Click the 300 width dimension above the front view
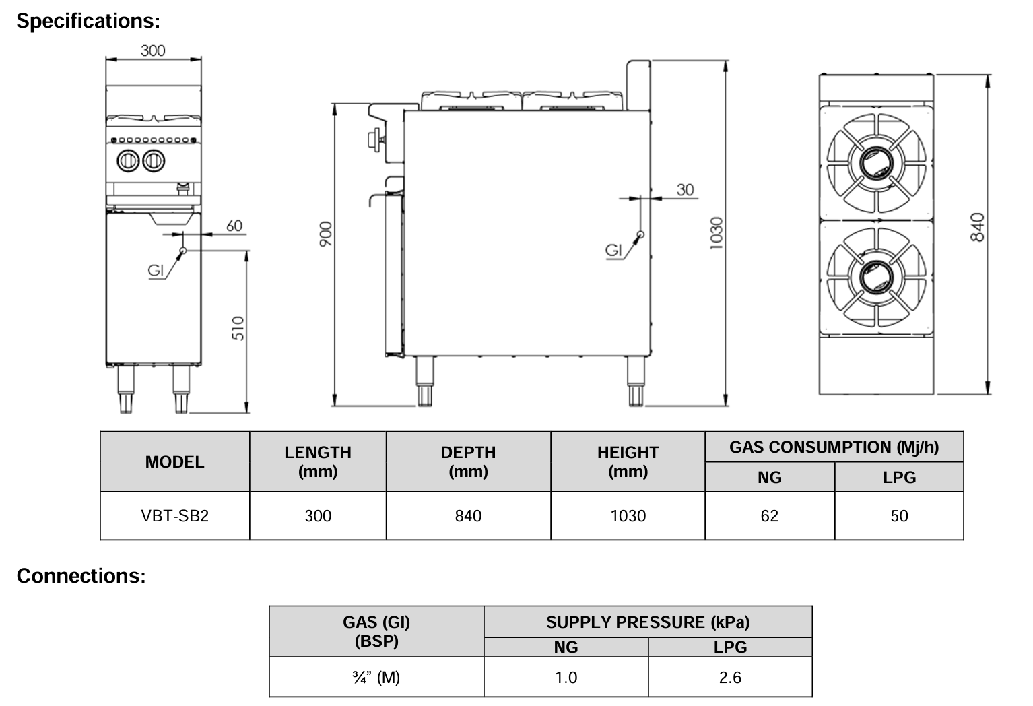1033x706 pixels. coord(153,51)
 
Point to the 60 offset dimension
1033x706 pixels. coord(234,226)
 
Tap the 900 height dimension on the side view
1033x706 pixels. coord(325,232)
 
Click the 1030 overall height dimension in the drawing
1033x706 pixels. coord(717,232)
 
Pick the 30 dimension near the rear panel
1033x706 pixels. coord(685,190)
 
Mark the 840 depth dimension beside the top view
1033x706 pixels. coord(978,227)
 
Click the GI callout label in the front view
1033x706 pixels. coord(156,271)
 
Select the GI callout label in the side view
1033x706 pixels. coord(613,251)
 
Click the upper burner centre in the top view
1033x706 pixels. coord(877,162)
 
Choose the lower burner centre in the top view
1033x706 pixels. coord(877,276)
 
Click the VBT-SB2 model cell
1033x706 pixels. coord(174,516)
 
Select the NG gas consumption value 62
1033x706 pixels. coord(769,516)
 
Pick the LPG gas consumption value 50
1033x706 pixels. coord(899,516)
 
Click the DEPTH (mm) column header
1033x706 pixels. coord(468,461)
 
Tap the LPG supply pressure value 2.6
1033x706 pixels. coord(730,677)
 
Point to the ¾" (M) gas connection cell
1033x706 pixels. coord(376,677)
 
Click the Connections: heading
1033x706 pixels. coord(81,576)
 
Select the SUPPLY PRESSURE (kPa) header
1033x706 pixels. coord(647,622)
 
